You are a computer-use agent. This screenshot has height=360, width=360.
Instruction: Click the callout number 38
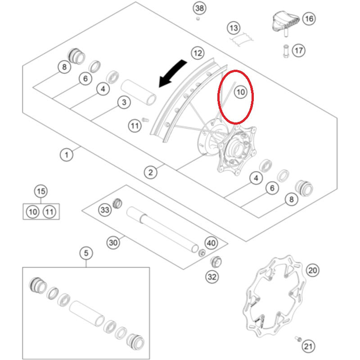199,8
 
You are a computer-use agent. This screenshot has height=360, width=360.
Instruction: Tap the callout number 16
308,19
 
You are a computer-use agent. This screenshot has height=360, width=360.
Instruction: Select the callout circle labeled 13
234,28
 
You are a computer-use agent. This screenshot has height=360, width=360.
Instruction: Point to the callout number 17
299,50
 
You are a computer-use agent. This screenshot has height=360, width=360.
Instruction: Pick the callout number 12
197,53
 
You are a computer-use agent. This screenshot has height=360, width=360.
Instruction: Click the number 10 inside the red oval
240,92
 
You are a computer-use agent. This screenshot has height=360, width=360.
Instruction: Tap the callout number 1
66,155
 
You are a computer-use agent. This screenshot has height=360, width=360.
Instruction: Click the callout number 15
41,191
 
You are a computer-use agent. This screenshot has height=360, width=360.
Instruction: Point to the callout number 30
113,243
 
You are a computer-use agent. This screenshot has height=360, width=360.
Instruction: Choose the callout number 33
105,210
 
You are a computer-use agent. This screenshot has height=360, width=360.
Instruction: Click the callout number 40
211,243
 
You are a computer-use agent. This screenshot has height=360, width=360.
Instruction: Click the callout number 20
313,270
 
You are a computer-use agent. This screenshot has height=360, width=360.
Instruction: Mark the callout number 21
308,346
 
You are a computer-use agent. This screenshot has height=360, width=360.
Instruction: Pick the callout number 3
124,103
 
